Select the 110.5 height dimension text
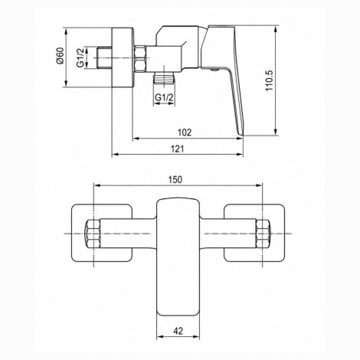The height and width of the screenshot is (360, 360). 270,80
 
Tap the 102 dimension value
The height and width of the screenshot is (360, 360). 185,133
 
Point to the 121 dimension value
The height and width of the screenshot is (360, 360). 177,149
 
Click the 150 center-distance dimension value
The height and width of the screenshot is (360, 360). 175,179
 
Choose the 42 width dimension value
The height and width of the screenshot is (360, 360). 178,331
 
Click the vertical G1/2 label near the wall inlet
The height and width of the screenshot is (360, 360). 80,57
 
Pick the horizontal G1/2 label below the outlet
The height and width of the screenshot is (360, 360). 164,97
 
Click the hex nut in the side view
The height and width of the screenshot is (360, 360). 140,58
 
